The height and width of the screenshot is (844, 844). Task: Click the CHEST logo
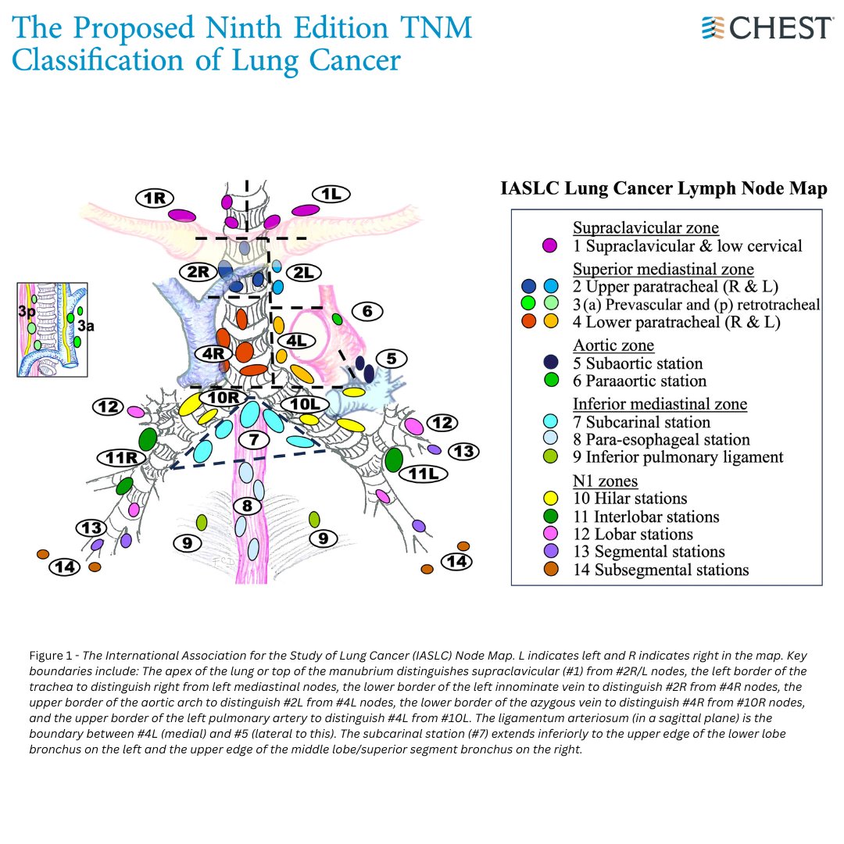pos(767,27)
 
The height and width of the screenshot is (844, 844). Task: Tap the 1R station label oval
pos(154,198)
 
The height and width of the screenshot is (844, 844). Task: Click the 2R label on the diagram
pos(197,272)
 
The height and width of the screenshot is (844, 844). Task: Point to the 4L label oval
pos(297,341)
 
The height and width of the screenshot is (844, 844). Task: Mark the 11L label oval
pos(423,474)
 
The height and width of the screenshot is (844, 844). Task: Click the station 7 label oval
pos(253,440)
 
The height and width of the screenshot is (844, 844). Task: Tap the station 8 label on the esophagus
pos(247,506)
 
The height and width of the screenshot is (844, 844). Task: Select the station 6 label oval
pos(367,311)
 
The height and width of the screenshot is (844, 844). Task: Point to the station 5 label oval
pos(392,359)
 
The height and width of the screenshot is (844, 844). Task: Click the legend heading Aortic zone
pos(613,345)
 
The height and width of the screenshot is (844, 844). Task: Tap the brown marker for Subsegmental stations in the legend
pos(551,570)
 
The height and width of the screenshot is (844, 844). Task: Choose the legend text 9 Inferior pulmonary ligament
pos(678,457)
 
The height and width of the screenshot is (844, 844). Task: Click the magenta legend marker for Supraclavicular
pos(551,246)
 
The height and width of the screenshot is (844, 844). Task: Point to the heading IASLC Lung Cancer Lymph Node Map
pos(663,189)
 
